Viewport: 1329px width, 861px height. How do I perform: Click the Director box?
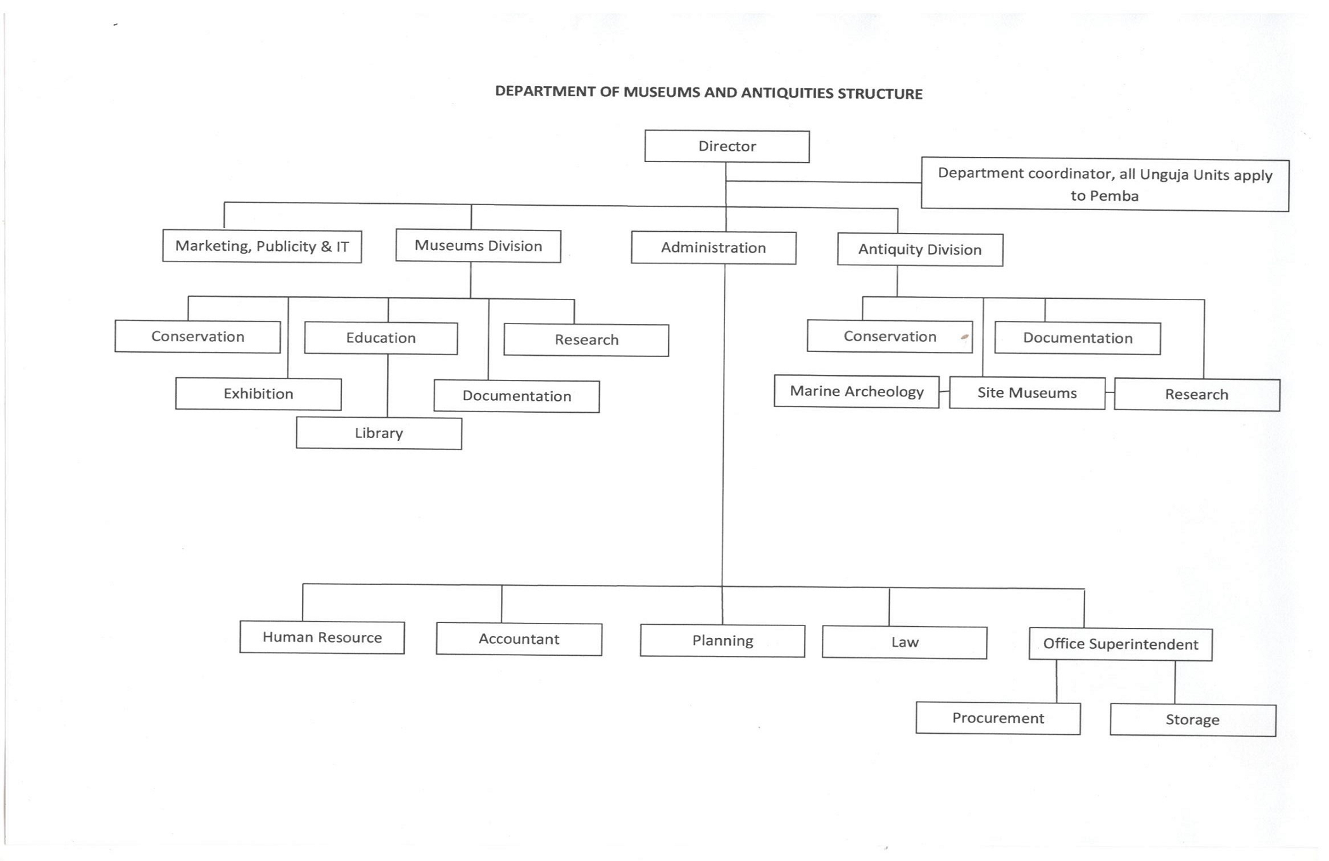tap(727, 146)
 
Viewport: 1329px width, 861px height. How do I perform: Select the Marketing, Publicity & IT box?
tap(262, 246)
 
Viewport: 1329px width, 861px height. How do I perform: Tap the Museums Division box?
tap(478, 246)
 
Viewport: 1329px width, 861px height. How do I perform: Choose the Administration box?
tap(714, 248)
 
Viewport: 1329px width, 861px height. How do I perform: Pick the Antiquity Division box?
tap(920, 249)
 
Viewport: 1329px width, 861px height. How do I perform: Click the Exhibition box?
tap(258, 394)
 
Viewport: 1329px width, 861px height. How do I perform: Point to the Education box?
tap(381, 338)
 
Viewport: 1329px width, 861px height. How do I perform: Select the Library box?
tap(379, 433)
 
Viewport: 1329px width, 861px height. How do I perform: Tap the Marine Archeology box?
tap(857, 391)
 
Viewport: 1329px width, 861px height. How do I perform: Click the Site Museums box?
tap(1027, 393)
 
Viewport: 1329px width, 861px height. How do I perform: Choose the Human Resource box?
tap(322, 637)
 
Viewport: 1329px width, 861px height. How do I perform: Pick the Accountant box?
tap(519, 639)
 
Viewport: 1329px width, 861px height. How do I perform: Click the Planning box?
tap(722, 641)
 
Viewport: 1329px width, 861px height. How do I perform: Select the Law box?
tap(904, 643)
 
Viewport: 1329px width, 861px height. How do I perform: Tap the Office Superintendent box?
tap(1120, 644)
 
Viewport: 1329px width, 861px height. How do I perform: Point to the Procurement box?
tap(998, 718)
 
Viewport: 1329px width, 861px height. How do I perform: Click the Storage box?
tap(1193, 720)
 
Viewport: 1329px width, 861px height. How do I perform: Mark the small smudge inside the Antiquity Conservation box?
tap(964, 337)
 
